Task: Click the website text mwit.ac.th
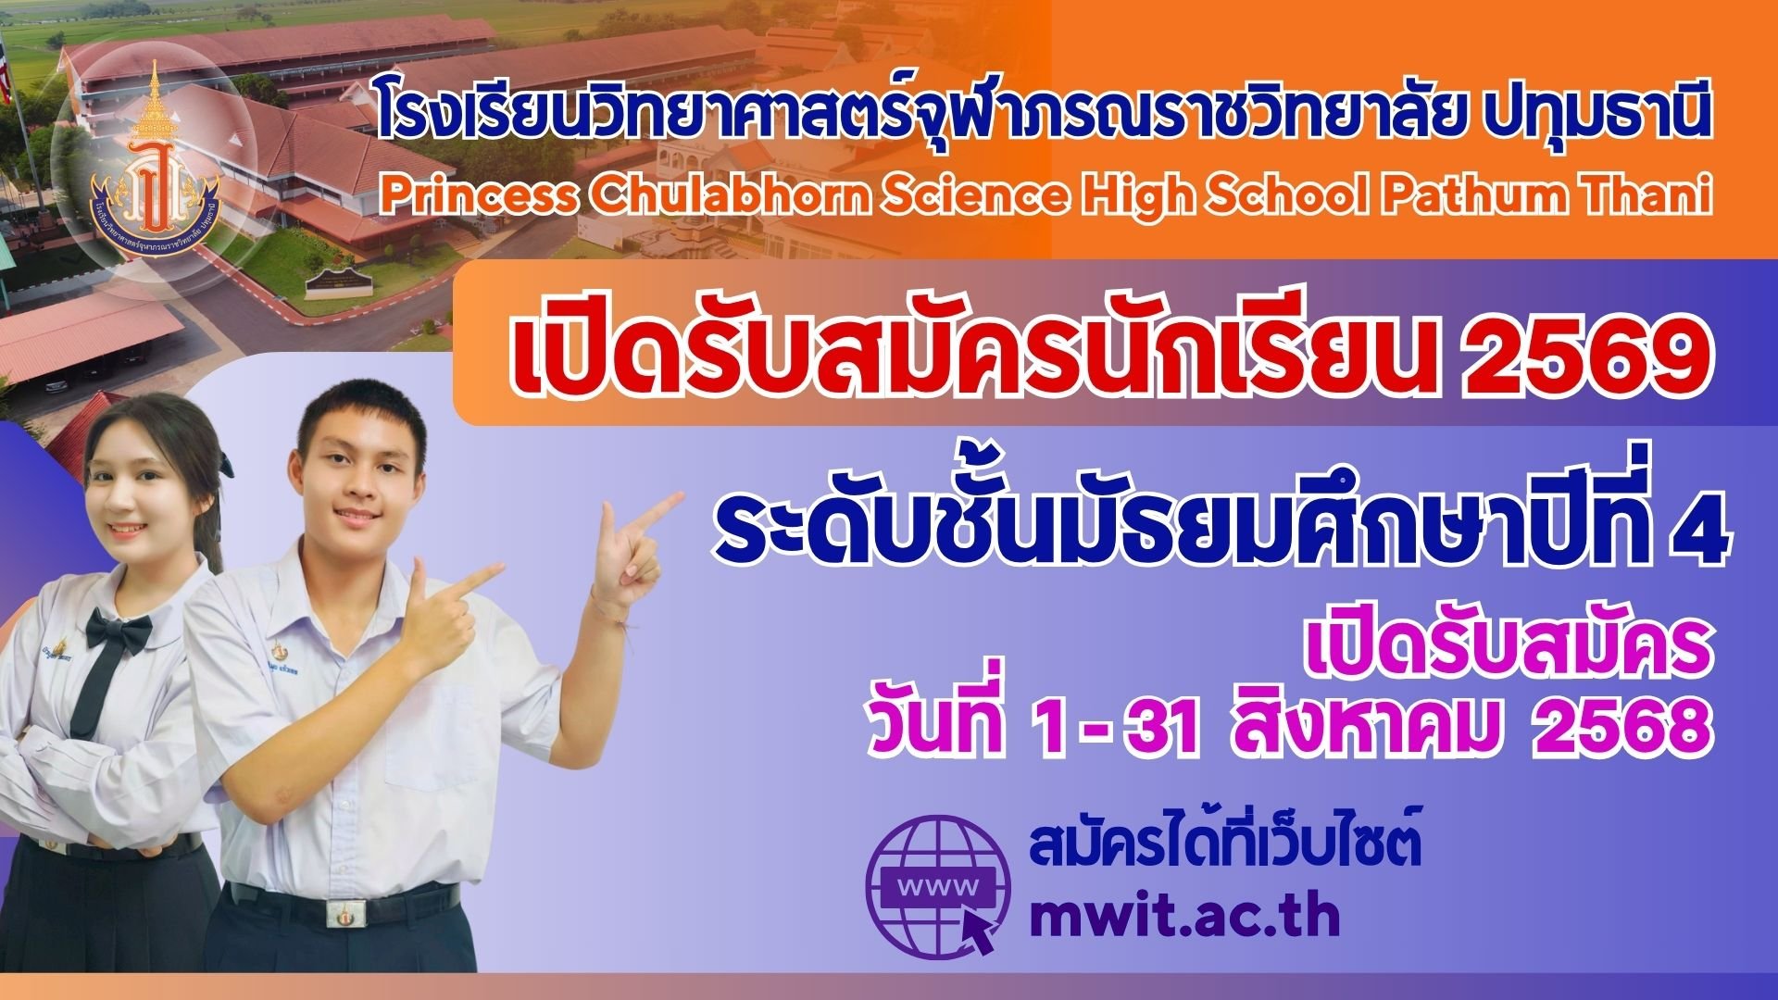click(1185, 915)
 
